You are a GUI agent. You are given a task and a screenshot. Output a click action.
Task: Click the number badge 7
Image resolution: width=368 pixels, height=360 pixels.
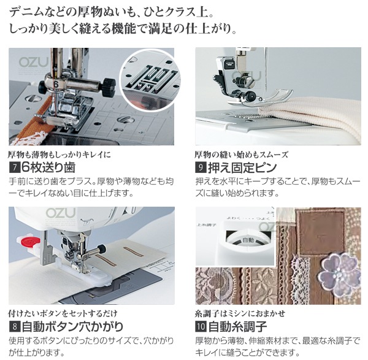tap(14, 167)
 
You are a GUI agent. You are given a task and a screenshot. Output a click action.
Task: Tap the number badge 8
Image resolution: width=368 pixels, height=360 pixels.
tap(14, 326)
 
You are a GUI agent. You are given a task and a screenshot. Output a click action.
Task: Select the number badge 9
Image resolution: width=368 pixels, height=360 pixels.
tap(201, 167)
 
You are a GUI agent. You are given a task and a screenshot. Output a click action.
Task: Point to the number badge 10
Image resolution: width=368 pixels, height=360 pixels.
tap(201, 326)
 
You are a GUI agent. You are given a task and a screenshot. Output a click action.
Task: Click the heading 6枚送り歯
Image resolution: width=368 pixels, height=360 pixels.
tap(48, 167)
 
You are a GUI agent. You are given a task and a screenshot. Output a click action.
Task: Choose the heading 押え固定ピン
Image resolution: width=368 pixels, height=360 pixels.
tap(242, 167)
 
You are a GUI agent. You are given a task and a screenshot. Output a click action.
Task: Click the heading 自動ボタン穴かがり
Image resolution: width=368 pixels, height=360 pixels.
tap(72, 326)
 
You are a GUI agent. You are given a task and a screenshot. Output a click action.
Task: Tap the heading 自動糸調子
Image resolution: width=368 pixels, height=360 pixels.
tap(237, 326)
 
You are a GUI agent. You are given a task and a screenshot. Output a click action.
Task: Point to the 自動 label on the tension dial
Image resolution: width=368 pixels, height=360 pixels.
tap(248, 240)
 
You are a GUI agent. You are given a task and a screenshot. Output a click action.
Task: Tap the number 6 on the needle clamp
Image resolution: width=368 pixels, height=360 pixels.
tap(56, 85)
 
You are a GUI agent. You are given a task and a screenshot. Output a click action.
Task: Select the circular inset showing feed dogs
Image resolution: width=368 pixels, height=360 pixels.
tap(150, 80)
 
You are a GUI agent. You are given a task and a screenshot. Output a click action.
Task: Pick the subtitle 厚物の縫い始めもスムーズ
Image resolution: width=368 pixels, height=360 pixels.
tap(242, 155)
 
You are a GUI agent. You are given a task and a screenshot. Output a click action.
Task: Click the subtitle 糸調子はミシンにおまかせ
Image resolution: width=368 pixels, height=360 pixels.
tap(240, 313)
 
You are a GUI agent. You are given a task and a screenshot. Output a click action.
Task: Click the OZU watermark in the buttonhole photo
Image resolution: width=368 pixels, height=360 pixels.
tap(61, 213)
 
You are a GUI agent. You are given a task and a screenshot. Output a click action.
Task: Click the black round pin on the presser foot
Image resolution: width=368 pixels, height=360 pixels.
tap(251, 95)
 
